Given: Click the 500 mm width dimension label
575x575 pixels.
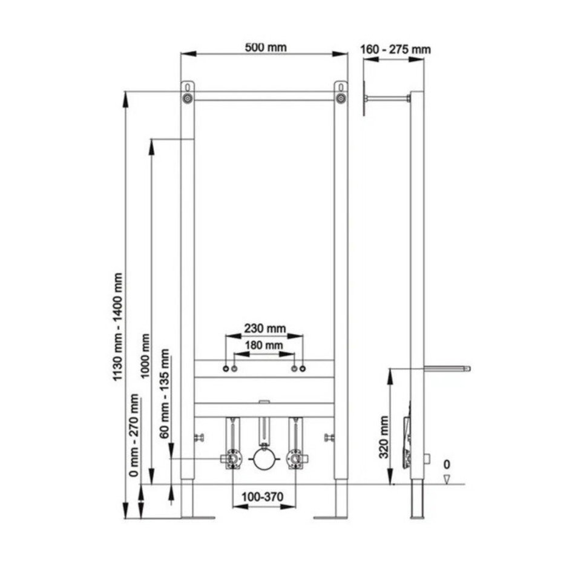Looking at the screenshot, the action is coord(266,47).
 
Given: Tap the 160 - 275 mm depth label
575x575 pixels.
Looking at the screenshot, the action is coord(395,49).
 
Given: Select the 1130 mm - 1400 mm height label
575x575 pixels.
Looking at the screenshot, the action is coord(117,327).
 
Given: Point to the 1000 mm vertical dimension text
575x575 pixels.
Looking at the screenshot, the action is coord(145,356).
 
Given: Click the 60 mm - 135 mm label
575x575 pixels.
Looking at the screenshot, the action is coord(164,393).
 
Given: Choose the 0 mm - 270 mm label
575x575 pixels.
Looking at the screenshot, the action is coord(134,435).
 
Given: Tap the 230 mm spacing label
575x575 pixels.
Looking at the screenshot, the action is coord(264,328).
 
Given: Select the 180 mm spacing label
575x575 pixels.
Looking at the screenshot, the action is coord(264,345).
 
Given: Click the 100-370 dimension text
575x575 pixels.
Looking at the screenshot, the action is coord(262,497).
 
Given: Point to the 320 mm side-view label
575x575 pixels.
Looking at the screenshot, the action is coord(384,437).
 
